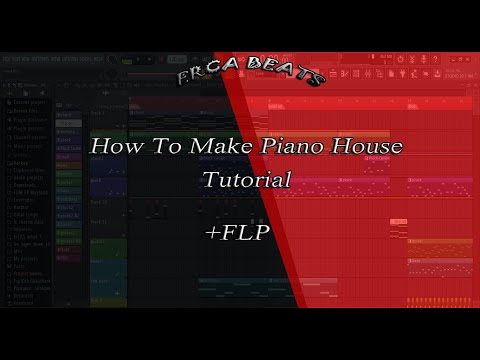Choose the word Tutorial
(x=246, y=181)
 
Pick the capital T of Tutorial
(x=210, y=180)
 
